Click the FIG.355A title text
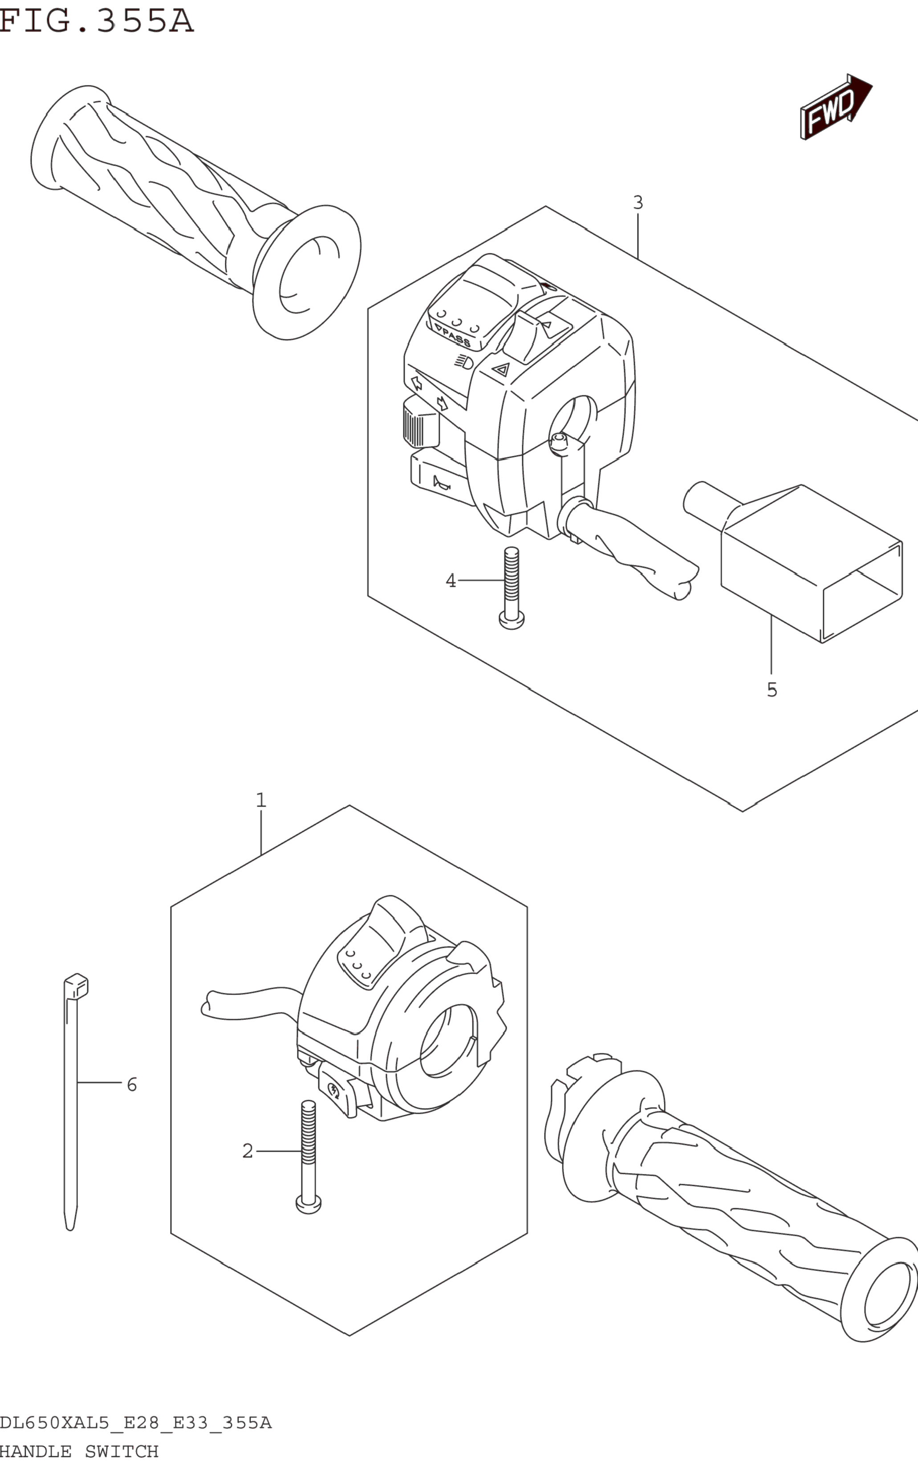click(96, 21)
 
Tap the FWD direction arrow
click(835, 107)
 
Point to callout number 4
click(451, 581)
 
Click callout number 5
click(772, 690)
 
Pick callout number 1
click(261, 800)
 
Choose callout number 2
click(248, 1151)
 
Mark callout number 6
click(132, 1084)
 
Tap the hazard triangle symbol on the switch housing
click(501, 369)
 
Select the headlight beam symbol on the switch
click(464, 362)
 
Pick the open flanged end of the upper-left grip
click(307, 273)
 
